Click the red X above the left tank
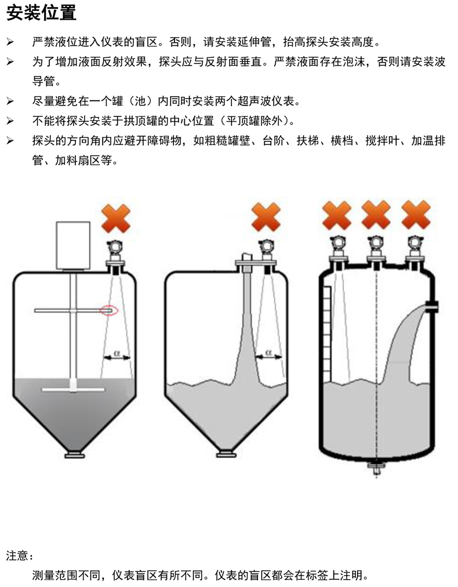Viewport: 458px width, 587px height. pos(116,219)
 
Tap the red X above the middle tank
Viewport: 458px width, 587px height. pos(266,218)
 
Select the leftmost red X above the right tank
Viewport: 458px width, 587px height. pos(337,215)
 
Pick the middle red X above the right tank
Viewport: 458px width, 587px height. pos(376,215)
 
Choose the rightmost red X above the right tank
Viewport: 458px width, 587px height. pos(416,215)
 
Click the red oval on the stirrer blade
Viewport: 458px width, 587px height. pos(109,310)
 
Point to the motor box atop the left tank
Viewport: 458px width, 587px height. pos(72,246)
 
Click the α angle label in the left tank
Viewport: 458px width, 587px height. pos(117,352)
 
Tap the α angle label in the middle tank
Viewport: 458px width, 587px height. pos(268,352)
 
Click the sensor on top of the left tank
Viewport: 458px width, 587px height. pos(116,253)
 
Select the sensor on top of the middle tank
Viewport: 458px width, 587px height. pos(267,252)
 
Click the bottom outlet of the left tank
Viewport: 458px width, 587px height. pos(74,455)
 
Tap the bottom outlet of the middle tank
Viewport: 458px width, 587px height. pos(225,454)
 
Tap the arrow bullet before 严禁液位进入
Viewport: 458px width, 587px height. pos(10,42)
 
